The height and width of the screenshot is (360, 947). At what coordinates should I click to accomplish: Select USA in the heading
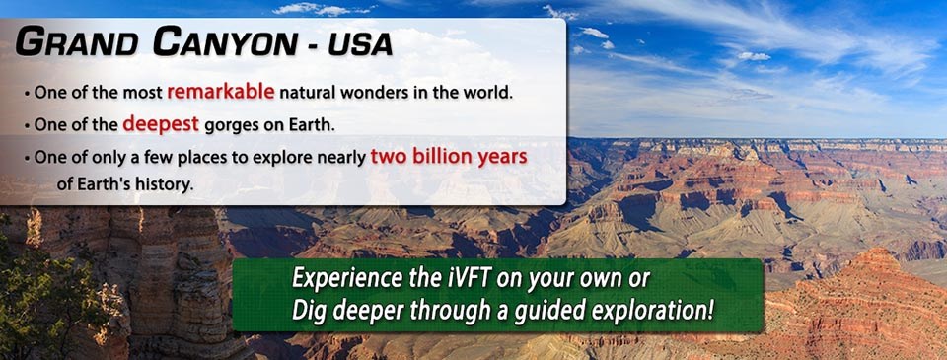(363, 43)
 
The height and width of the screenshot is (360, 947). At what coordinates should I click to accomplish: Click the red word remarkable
(221, 93)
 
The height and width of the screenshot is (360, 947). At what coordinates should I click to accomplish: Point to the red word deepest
(161, 124)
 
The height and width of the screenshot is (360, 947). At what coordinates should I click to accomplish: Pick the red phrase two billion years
(449, 157)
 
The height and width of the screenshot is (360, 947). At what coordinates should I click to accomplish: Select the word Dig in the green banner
(309, 311)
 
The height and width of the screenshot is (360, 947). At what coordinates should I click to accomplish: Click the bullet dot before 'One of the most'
(28, 95)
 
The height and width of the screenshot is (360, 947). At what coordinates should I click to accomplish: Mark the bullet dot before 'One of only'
(28, 158)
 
